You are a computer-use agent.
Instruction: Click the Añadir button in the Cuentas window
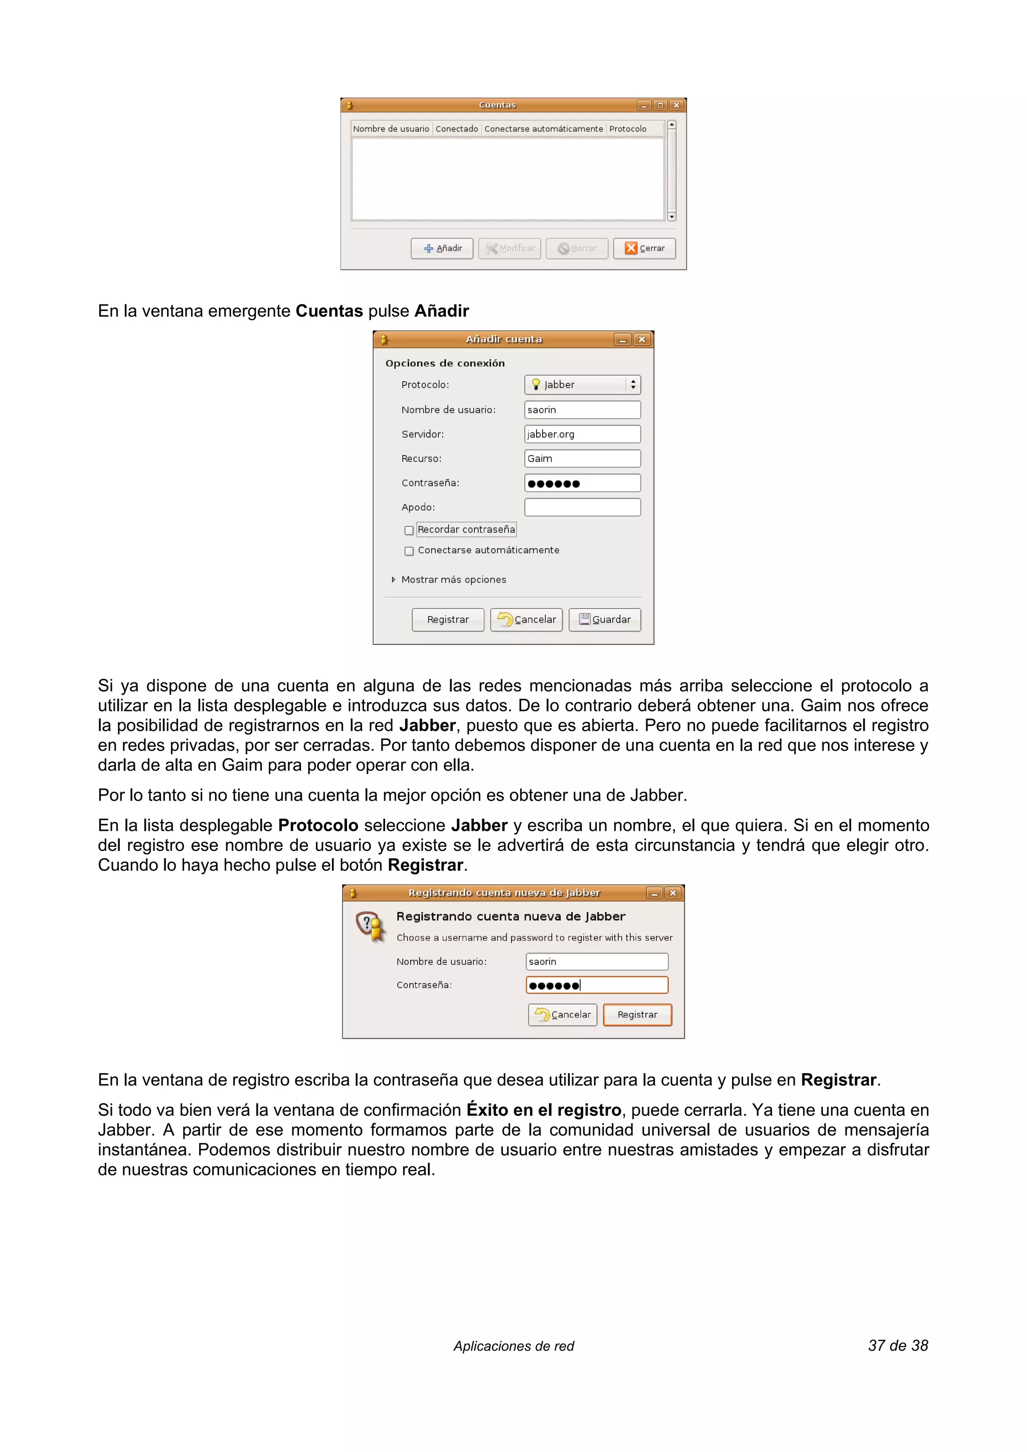[442, 248]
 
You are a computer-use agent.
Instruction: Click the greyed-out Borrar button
[577, 248]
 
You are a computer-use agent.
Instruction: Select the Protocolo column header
[627, 129]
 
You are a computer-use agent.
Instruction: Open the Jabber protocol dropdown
[582, 384]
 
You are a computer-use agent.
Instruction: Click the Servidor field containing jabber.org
[582, 434]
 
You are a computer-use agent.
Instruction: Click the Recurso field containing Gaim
[582, 458]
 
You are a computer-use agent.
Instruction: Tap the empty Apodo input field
[582, 507]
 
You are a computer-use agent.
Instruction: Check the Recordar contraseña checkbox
[409, 530]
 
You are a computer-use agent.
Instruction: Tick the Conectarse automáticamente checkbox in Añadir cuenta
[409, 551]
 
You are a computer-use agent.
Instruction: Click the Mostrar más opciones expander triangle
[393, 579]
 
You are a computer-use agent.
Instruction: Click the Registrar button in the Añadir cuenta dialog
[447, 619]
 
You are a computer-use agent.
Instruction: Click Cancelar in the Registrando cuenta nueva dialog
[562, 1015]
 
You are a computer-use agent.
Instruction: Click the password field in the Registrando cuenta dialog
[597, 985]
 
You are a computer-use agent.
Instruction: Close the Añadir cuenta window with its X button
[642, 340]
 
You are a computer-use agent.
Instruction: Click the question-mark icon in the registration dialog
[370, 926]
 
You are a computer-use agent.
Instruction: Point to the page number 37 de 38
[897, 1345]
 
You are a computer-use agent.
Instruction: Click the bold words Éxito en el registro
[544, 1110]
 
